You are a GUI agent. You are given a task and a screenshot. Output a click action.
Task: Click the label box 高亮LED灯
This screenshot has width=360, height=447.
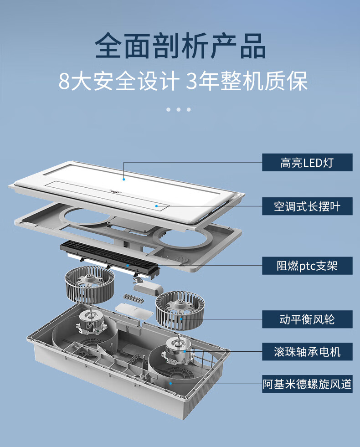[x=307, y=163]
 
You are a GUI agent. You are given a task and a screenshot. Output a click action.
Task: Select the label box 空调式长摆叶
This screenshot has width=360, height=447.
[x=307, y=206]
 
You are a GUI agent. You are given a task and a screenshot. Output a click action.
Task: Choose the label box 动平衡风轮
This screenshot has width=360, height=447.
[x=307, y=319]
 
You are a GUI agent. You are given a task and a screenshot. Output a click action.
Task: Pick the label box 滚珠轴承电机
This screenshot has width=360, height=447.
[x=307, y=352]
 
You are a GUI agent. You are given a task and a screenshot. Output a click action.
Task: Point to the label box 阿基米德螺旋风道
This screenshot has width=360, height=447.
[x=307, y=384]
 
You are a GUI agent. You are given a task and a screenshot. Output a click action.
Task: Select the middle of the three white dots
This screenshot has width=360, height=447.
[x=178, y=109]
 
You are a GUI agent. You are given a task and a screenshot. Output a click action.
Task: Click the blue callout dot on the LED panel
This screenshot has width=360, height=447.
[x=123, y=179]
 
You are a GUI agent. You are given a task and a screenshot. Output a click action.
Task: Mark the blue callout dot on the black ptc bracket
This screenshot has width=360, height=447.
[x=128, y=265]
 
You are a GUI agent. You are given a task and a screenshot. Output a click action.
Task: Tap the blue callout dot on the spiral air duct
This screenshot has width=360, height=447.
[x=170, y=383]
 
